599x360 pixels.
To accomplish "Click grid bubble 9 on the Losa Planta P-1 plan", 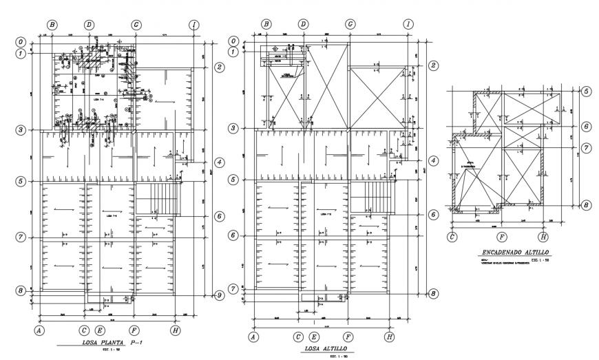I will click(219, 295).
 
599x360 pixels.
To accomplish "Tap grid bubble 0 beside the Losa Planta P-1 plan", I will click(22, 41).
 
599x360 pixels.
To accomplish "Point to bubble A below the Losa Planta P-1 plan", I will click(40, 330).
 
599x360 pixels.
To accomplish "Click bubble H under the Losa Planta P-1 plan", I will click(176, 330).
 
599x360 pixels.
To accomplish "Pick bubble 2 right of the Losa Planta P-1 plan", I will click(220, 67).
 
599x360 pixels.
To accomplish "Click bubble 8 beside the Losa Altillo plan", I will click(433, 293).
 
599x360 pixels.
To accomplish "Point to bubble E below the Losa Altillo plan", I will click(314, 337).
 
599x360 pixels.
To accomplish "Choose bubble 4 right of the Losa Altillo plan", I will click(433, 160).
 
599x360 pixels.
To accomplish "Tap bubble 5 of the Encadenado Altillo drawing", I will click(586, 91).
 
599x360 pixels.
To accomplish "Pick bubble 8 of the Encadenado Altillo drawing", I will click(586, 204).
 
